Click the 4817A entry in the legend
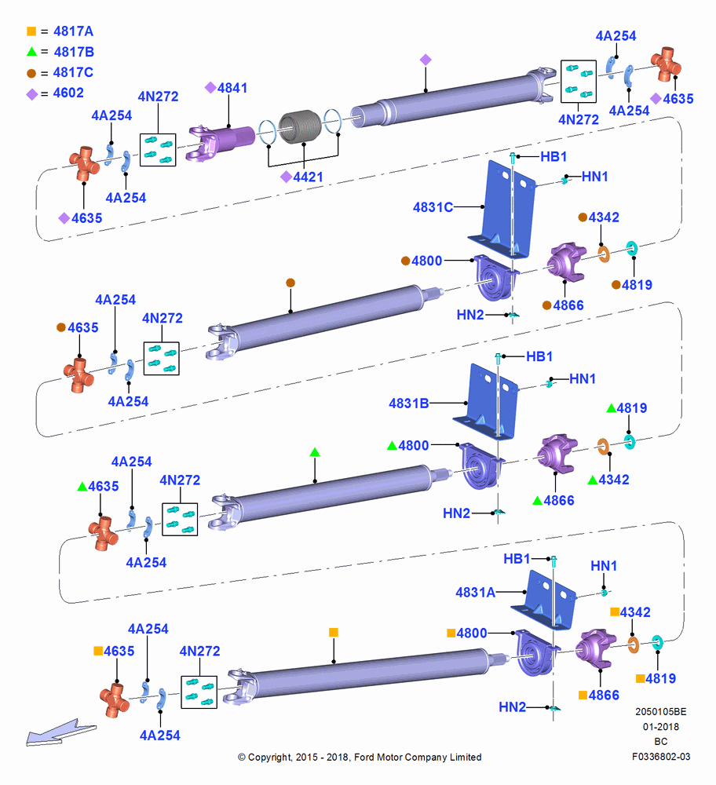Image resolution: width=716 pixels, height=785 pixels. [73, 31]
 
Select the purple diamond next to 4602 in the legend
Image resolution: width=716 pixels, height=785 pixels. [32, 94]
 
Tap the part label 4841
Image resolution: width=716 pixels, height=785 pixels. [232, 88]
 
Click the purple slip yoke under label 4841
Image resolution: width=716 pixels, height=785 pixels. [221, 142]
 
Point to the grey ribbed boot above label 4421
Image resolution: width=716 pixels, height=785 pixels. [299, 126]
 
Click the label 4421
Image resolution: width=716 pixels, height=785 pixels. [308, 177]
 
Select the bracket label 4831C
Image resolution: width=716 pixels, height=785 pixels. [433, 207]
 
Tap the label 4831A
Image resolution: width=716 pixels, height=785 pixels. [475, 592]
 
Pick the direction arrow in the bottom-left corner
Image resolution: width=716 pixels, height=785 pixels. [60, 733]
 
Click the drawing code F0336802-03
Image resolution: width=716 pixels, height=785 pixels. [661, 757]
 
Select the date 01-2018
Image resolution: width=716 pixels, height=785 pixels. [661, 726]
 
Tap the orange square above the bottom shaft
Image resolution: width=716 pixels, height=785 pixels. [334, 632]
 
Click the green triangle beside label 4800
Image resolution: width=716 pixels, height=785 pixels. [392, 445]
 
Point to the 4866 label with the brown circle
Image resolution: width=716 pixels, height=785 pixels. [568, 305]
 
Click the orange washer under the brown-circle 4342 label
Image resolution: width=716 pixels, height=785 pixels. [604, 254]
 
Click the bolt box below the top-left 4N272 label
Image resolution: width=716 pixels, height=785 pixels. [158, 150]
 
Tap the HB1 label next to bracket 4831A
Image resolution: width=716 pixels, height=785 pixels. [517, 558]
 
